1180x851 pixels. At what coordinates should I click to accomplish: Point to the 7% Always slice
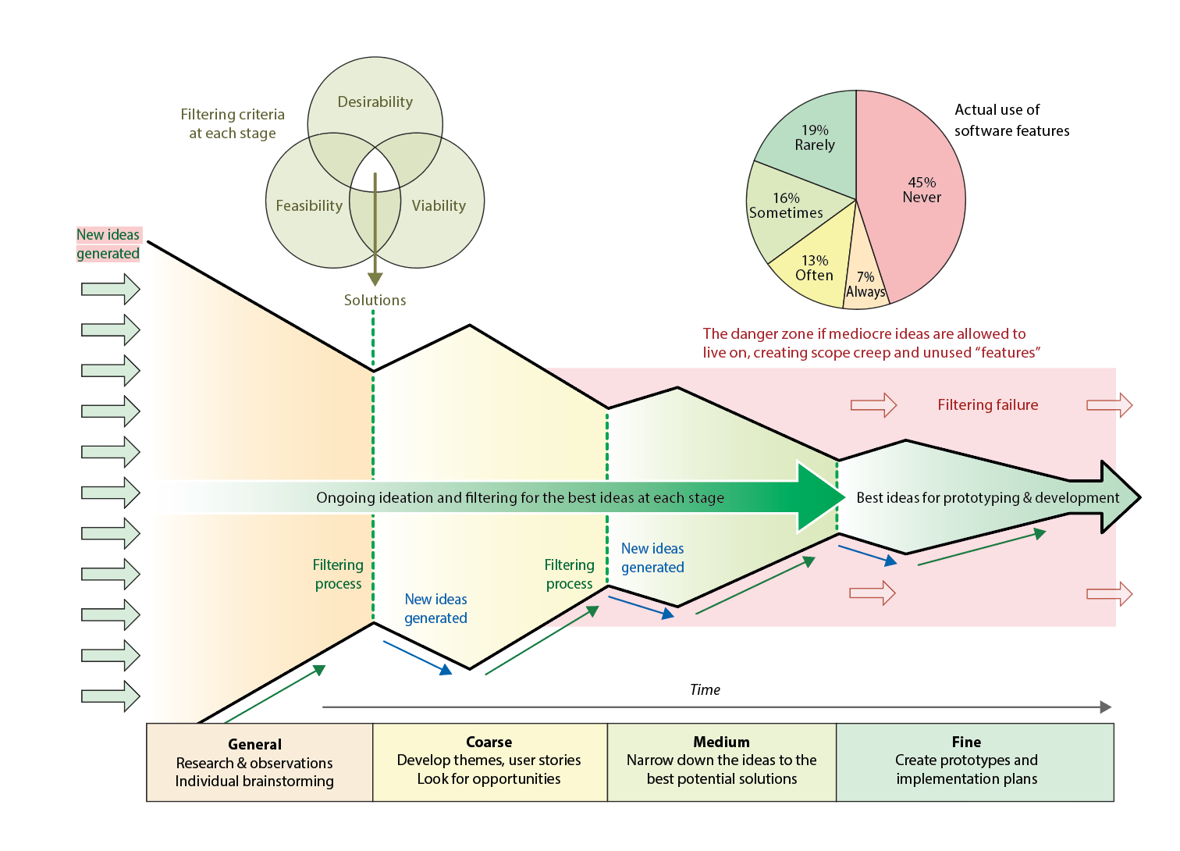coord(865,285)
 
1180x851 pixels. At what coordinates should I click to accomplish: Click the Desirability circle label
coord(375,101)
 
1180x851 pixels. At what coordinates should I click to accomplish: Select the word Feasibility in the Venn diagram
coord(309,205)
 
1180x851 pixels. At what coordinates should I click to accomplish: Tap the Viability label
coord(439,205)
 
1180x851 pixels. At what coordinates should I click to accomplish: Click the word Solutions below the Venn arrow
coord(375,300)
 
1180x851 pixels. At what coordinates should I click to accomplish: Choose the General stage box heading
coord(254,744)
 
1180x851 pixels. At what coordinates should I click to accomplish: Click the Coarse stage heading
coord(489,742)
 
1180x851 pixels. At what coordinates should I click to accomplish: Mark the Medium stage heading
coord(721,742)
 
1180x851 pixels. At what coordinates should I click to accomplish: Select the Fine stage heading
coord(966,742)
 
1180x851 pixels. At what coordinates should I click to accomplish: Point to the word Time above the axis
coord(705,689)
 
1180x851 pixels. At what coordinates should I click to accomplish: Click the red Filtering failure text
coord(987,404)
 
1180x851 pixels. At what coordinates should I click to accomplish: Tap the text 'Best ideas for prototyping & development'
coord(987,497)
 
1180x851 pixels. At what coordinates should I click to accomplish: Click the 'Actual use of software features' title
coord(1011,120)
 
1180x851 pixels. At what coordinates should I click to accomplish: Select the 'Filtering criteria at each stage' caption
coord(233,123)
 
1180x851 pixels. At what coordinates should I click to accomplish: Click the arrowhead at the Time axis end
coord(1106,707)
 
